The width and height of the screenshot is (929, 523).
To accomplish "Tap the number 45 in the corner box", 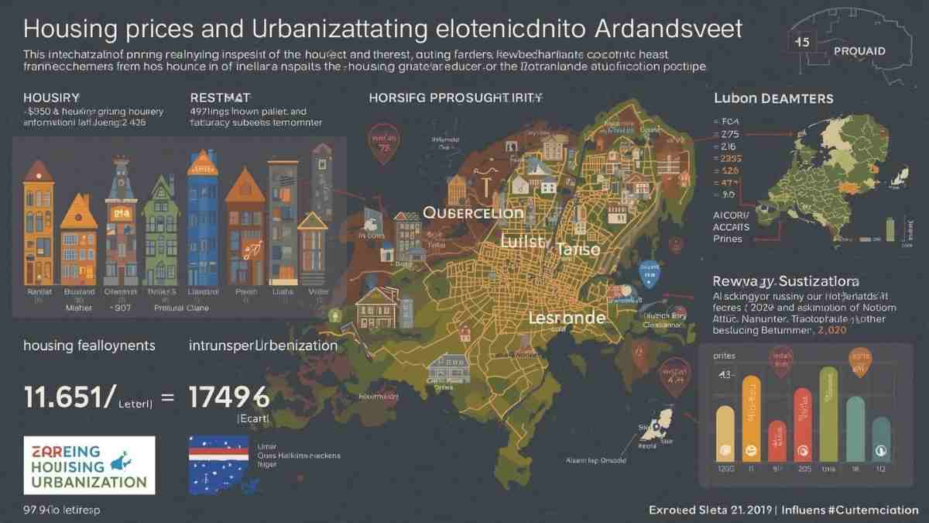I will [802, 43].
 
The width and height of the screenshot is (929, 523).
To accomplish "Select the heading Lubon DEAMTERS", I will [772, 99].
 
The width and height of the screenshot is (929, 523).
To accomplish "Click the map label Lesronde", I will [566, 317].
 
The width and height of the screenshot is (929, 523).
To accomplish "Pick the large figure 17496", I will [228, 397].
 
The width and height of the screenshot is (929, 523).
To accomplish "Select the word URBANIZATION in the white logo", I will [80, 481].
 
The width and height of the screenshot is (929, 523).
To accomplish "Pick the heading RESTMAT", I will [221, 98].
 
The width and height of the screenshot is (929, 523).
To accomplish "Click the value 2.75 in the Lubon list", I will [731, 133].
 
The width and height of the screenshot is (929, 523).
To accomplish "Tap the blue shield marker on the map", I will [650, 270].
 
